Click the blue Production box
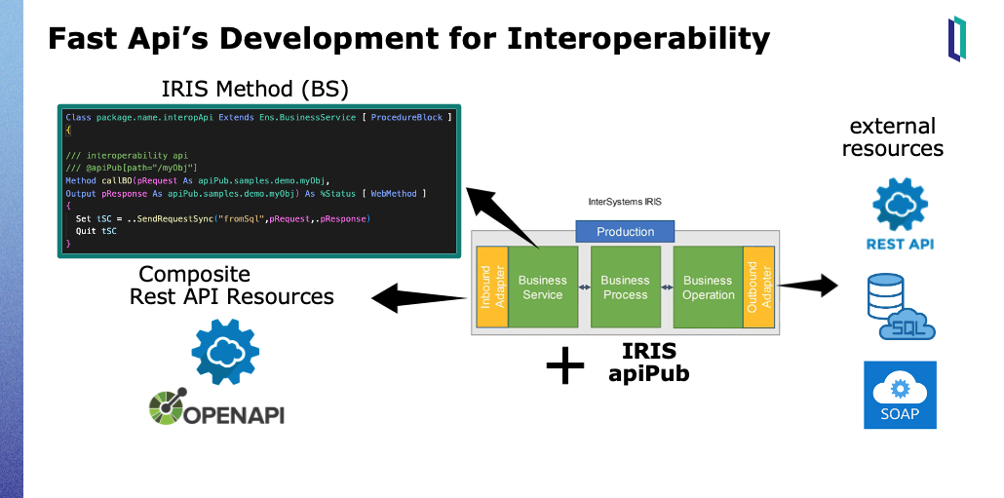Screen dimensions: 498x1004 (x=625, y=232)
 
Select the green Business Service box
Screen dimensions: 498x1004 (x=542, y=287)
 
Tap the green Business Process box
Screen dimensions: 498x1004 (x=625, y=287)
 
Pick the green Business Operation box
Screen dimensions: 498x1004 (x=708, y=287)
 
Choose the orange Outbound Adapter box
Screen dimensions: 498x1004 (x=758, y=287)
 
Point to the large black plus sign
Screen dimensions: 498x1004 (x=565, y=365)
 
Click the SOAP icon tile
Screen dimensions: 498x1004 (x=899, y=395)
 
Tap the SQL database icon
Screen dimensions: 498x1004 (x=899, y=307)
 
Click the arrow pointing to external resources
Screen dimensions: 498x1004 (x=809, y=286)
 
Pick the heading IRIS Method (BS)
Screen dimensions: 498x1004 (x=255, y=90)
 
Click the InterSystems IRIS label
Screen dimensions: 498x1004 (x=625, y=203)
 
